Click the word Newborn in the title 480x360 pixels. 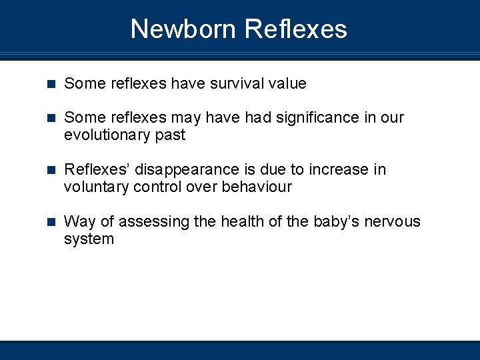pyautogui.click(x=183, y=29)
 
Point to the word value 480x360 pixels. pyautogui.click(x=287, y=84)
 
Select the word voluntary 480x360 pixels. pyautogui.click(x=97, y=187)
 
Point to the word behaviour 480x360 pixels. pyautogui.click(x=257, y=187)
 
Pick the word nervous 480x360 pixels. pyautogui.click(x=396, y=221)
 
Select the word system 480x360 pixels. pyautogui.click(x=89, y=239)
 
